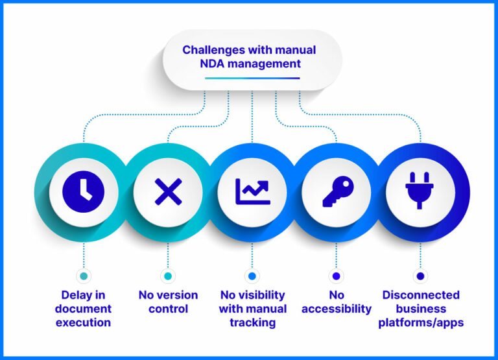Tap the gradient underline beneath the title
pos(252,78)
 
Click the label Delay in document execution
pos(83,309)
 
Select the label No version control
pos(168,302)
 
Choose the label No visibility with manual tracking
pos(252,309)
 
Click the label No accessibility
pos(337,302)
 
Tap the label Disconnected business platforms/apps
pos(421,309)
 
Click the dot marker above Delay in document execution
pos(83,276)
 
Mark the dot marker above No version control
pos(168,276)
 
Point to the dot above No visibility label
pos(252,276)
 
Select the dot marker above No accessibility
pos(337,276)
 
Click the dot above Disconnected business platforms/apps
pos(420,276)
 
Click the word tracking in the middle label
pos(252,323)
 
